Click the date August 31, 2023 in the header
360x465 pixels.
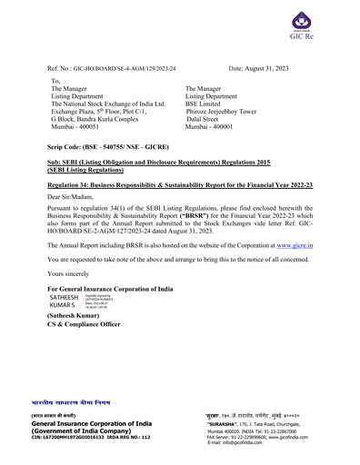point(268,68)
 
